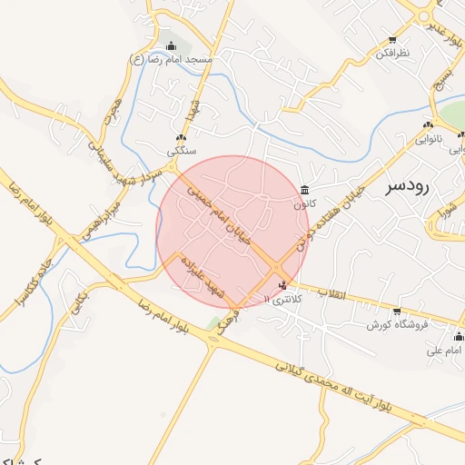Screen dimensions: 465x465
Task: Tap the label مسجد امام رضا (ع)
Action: click(x=172, y=60)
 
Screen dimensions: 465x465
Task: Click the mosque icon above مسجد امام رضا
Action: click(x=172, y=46)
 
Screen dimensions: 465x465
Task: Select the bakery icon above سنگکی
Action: click(x=181, y=137)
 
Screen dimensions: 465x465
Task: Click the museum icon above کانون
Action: click(x=304, y=191)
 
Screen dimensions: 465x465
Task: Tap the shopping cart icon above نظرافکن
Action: click(x=392, y=40)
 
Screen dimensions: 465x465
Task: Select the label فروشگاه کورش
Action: click(x=391, y=323)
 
